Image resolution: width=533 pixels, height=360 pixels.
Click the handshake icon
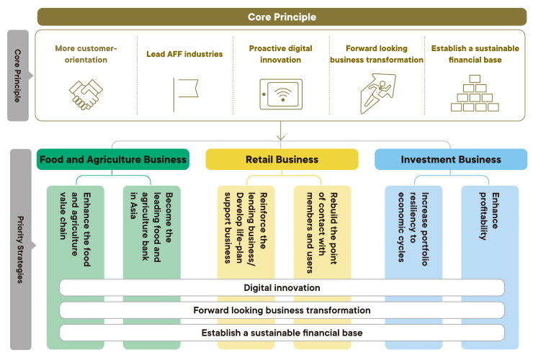tap(86, 94)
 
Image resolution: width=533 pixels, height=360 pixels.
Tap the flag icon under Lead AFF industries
tap(185, 94)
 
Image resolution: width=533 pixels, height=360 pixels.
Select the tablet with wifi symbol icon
tap(281, 94)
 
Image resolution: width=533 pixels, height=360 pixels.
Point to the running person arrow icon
tap(377, 94)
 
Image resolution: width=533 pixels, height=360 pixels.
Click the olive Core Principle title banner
tap(282, 17)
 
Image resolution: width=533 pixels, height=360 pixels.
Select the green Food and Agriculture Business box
tap(113, 159)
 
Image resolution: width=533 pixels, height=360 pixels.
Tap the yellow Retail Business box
tap(282, 159)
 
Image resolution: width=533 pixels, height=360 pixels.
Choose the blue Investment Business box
tap(451, 159)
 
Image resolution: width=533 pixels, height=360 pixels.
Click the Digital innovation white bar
tap(282, 288)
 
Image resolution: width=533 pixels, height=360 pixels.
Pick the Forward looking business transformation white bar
tap(282, 310)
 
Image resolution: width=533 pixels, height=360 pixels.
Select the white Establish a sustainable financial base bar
tap(282, 333)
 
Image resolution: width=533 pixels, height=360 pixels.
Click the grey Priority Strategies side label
tap(20, 250)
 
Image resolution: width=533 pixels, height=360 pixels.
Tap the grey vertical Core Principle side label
tap(18, 76)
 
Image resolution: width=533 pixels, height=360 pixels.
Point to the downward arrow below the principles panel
tap(281, 130)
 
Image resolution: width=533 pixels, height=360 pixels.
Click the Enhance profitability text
tap(489, 216)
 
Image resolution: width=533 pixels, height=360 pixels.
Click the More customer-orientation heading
tap(86, 54)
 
